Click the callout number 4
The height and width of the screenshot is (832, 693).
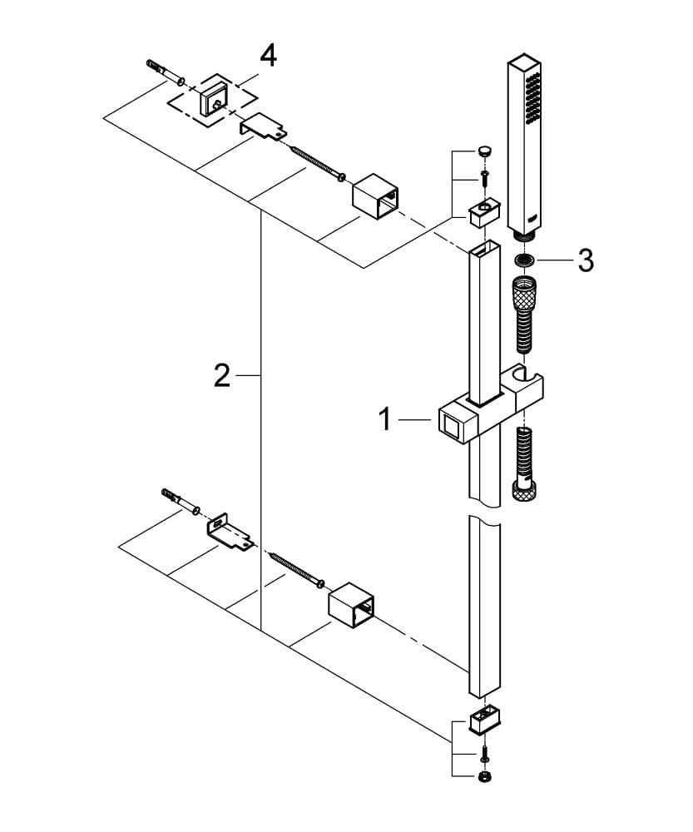(x=268, y=57)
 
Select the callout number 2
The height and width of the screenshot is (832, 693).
(x=222, y=375)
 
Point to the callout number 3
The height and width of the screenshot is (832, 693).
(x=586, y=260)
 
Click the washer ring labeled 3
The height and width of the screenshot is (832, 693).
(x=525, y=260)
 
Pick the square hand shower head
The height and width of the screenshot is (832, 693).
(x=524, y=146)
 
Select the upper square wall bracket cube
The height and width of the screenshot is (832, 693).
(x=376, y=196)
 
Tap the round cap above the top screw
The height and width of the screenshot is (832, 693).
(x=484, y=151)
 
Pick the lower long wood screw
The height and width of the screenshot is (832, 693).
(x=298, y=570)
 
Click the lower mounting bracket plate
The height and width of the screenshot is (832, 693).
(x=230, y=533)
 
